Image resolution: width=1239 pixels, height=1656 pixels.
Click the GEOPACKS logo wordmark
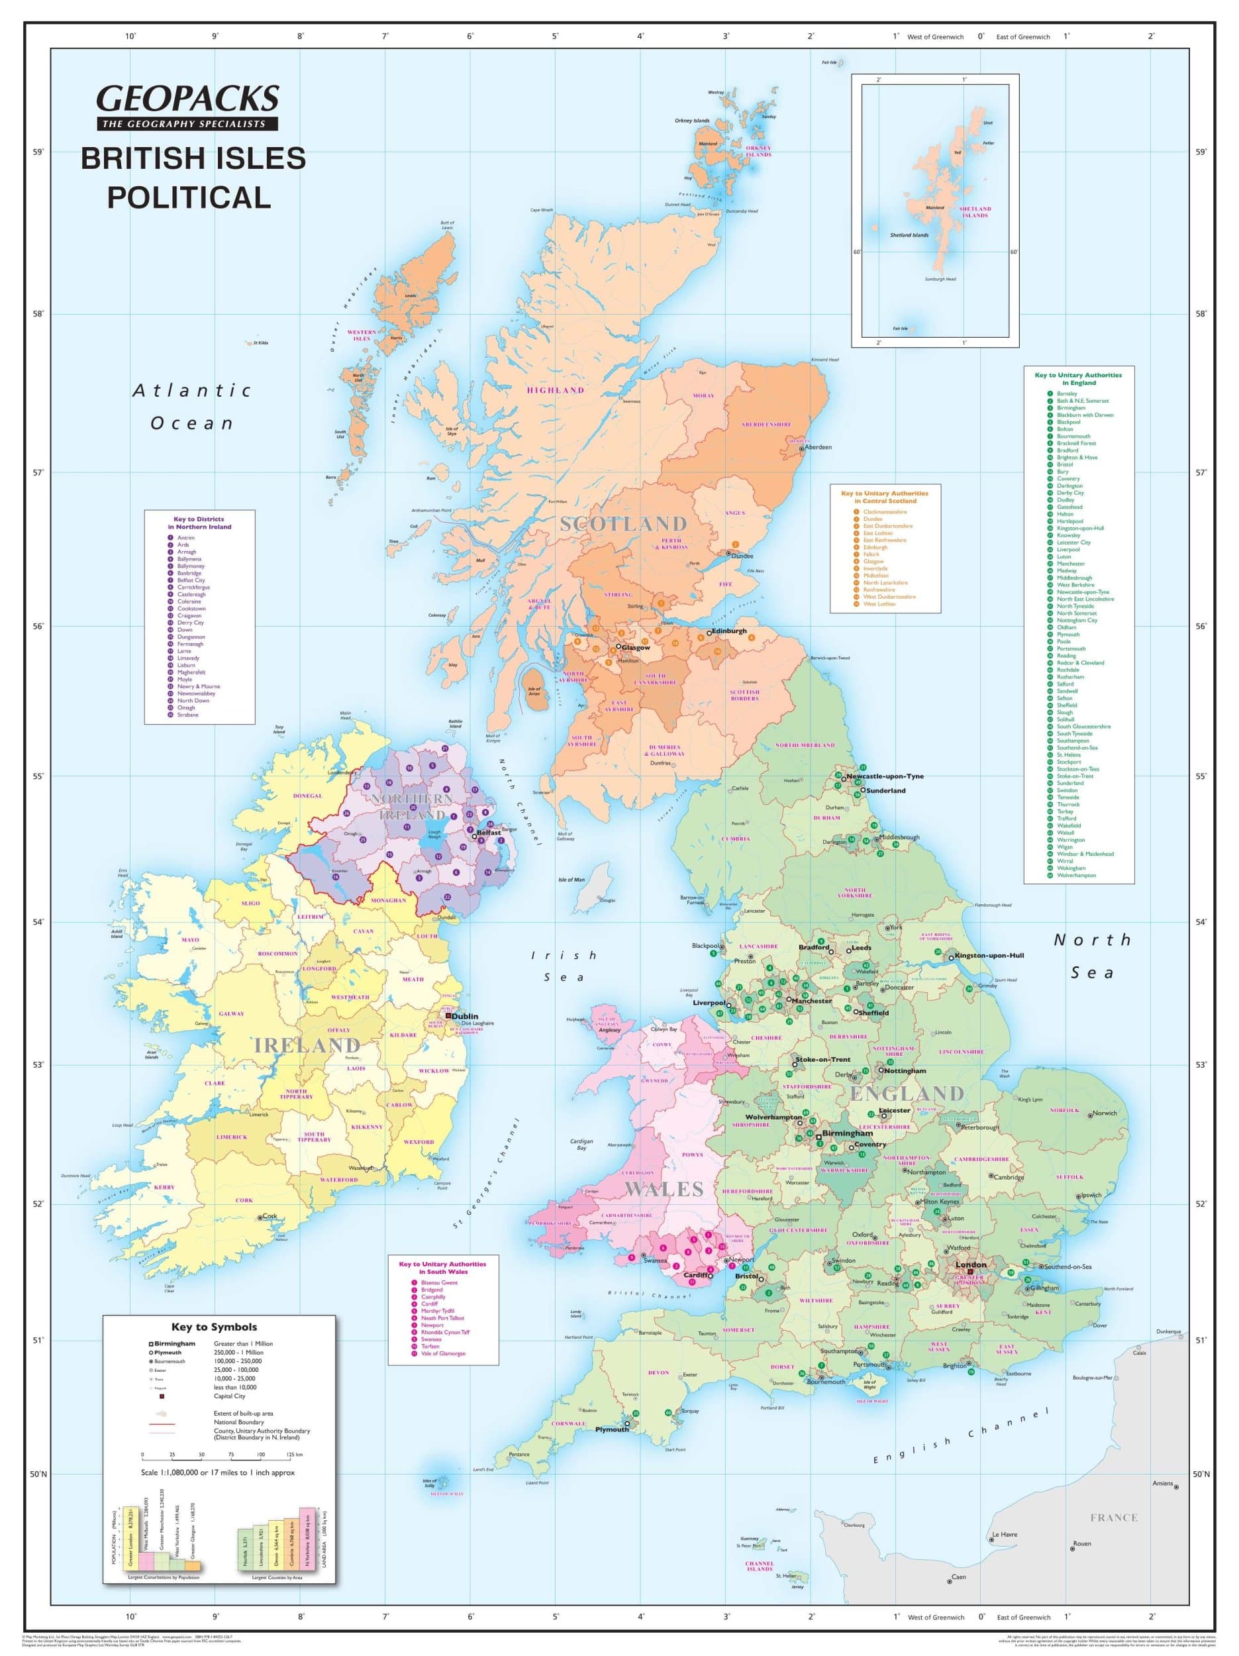pyautogui.click(x=187, y=98)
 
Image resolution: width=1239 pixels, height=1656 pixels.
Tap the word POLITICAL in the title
pyautogui.click(x=189, y=197)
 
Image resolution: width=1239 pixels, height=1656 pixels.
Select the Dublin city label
pyautogui.click(x=465, y=1017)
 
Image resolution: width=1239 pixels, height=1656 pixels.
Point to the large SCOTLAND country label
pyautogui.click(x=623, y=524)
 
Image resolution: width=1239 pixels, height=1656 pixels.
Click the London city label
pyautogui.click(x=970, y=1265)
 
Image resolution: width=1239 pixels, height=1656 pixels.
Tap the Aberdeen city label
pyautogui.click(x=818, y=447)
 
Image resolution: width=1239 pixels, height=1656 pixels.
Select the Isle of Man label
pyautogui.click(x=571, y=880)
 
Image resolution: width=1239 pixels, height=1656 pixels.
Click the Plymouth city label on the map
pyautogui.click(x=612, y=1429)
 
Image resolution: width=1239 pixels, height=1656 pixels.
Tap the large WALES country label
pyautogui.click(x=664, y=1188)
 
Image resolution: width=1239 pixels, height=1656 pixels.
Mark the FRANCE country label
pyautogui.click(x=1113, y=1518)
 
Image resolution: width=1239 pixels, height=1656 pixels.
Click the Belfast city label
pyautogui.click(x=489, y=833)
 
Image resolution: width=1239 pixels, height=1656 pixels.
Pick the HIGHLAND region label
pyautogui.click(x=555, y=390)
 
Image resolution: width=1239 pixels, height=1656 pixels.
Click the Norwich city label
pyautogui.click(x=1105, y=1113)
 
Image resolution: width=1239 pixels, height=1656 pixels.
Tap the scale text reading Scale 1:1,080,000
pyautogui.click(x=217, y=1473)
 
